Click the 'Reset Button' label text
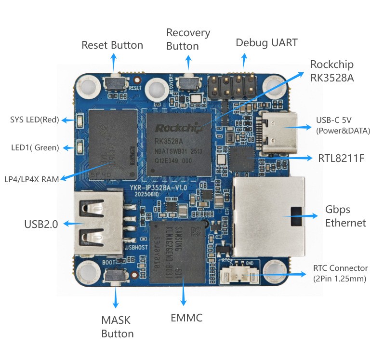[x=112, y=45]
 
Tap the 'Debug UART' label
[x=266, y=43]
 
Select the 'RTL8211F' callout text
[x=341, y=158]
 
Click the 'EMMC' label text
[x=186, y=318]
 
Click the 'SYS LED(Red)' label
[x=34, y=120]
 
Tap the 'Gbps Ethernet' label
[x=345, y=216]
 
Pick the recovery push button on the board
[x=188, y=83]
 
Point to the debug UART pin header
[x=232, y=87]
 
